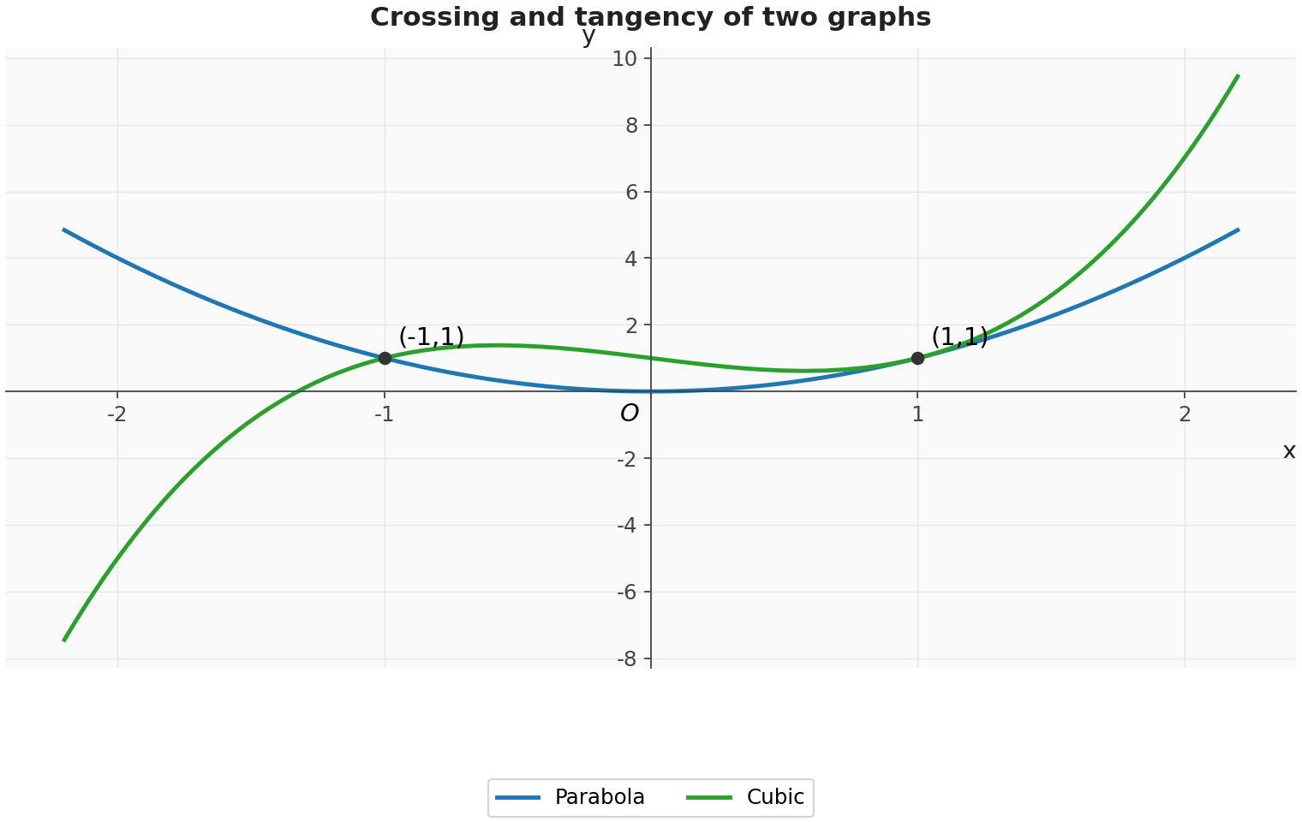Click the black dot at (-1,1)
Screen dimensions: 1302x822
pyautogui.click(x=385, y=359)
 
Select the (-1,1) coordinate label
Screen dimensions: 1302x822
pyautogui.click(x=432, y=337)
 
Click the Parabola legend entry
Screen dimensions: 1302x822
pyautogui.click(x=570, y=797)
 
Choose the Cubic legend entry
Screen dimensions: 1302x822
pyautogui.click(x=745, y=797)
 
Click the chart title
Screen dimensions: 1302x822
pyautogui.click(x=650, y=17)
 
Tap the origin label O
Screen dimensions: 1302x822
pyautogui.click(x=630, y=414)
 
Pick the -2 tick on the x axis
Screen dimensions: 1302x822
pyautogui.click(x=116, y=414)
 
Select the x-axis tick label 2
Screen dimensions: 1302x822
pyautogui.click(x=1185, y=414)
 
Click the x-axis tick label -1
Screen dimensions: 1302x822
pyautogui.click(x=384, y=414)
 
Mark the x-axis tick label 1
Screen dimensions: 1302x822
pyautogui.click(x=917, y=414)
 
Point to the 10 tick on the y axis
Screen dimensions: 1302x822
pyautogui.click(x=624, y=59)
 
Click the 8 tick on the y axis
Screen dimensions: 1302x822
pyautogui.click(x=632, y=126)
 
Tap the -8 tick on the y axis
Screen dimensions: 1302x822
pyautogui.click(x=628, y=659)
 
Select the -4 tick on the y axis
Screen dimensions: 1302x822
pyautogui.click(x=628, y=526)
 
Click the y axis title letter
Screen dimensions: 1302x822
pyautogui.click(x=588, y=37)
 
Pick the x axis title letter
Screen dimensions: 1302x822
pyautogui.click(x=1289, y=450)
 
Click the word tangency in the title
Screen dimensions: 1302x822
pyautogui.click(x=644, y=17)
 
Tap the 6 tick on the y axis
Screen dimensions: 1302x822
pyautogui.click(x=632, y=193)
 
